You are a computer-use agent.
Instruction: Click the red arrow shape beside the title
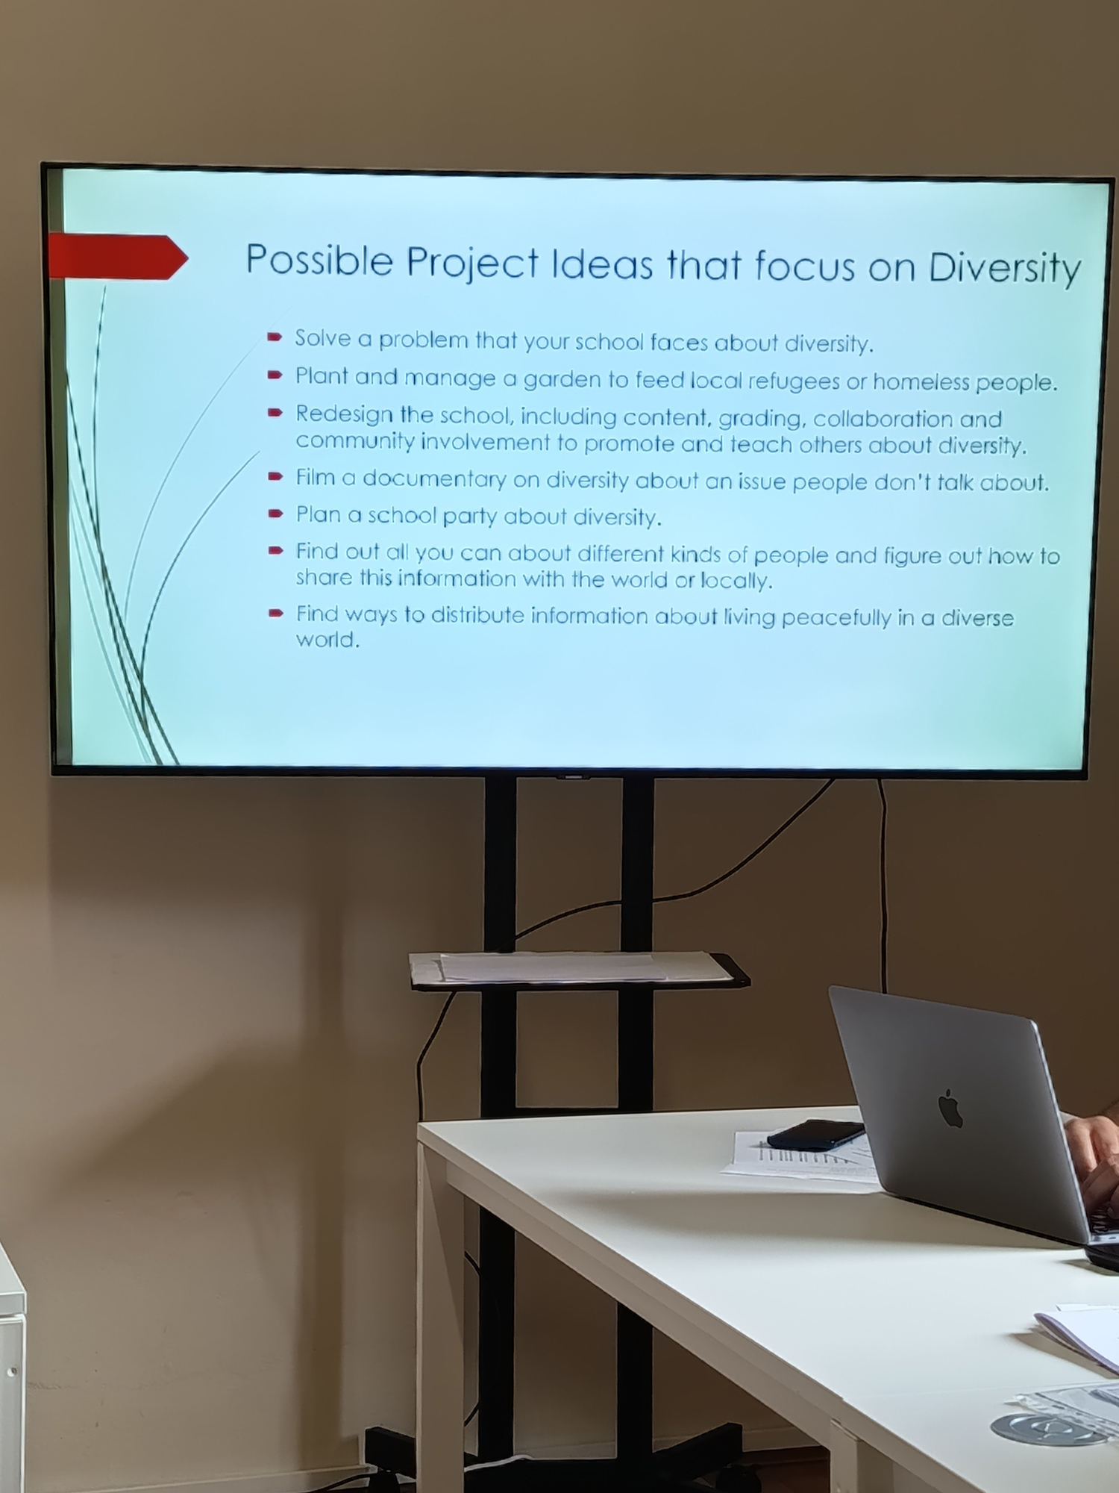click(x=118, y=257)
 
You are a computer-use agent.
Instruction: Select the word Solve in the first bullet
click(x=323, y=338)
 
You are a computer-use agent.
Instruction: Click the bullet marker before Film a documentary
click(x=275, y=476)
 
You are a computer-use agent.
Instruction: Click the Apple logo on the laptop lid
click(x=950, y=1108)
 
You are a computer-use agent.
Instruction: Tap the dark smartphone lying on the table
click(x=815, y=1134)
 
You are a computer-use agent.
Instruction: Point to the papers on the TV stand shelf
click(x=571, y=967)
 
